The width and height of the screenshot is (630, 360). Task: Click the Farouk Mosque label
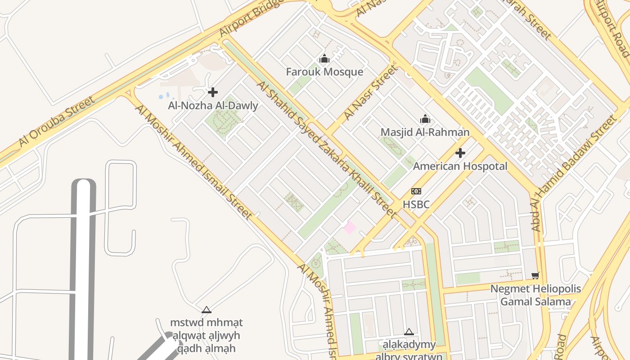coord(324,72)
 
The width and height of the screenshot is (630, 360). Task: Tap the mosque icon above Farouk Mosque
coord(324,59)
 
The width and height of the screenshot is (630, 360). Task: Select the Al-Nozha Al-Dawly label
coord(213,106)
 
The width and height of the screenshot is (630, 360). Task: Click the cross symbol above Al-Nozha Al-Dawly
coord(213,92)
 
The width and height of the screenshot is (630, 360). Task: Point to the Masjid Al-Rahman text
coord(425,132)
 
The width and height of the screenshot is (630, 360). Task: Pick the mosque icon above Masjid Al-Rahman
coord(425,119)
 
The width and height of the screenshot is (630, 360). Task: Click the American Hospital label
coord(460,166)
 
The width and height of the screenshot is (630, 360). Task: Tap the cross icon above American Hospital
coord(460,153)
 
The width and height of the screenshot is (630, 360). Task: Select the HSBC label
coord(416,204)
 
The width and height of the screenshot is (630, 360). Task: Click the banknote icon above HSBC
coord(416,191)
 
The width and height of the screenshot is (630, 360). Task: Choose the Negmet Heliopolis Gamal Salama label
coord(535,295)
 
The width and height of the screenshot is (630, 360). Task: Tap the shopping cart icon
coord(535,275)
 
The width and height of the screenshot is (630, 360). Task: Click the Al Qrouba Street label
coord(57,121)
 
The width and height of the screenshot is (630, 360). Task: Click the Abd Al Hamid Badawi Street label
coord(574,173)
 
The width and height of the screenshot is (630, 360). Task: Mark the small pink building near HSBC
coord(350,227)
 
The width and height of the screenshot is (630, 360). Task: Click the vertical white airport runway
coord(84,270)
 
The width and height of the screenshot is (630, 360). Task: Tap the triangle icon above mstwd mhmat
coord(207,310)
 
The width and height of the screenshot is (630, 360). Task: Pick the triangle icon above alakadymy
coord(409,332)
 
